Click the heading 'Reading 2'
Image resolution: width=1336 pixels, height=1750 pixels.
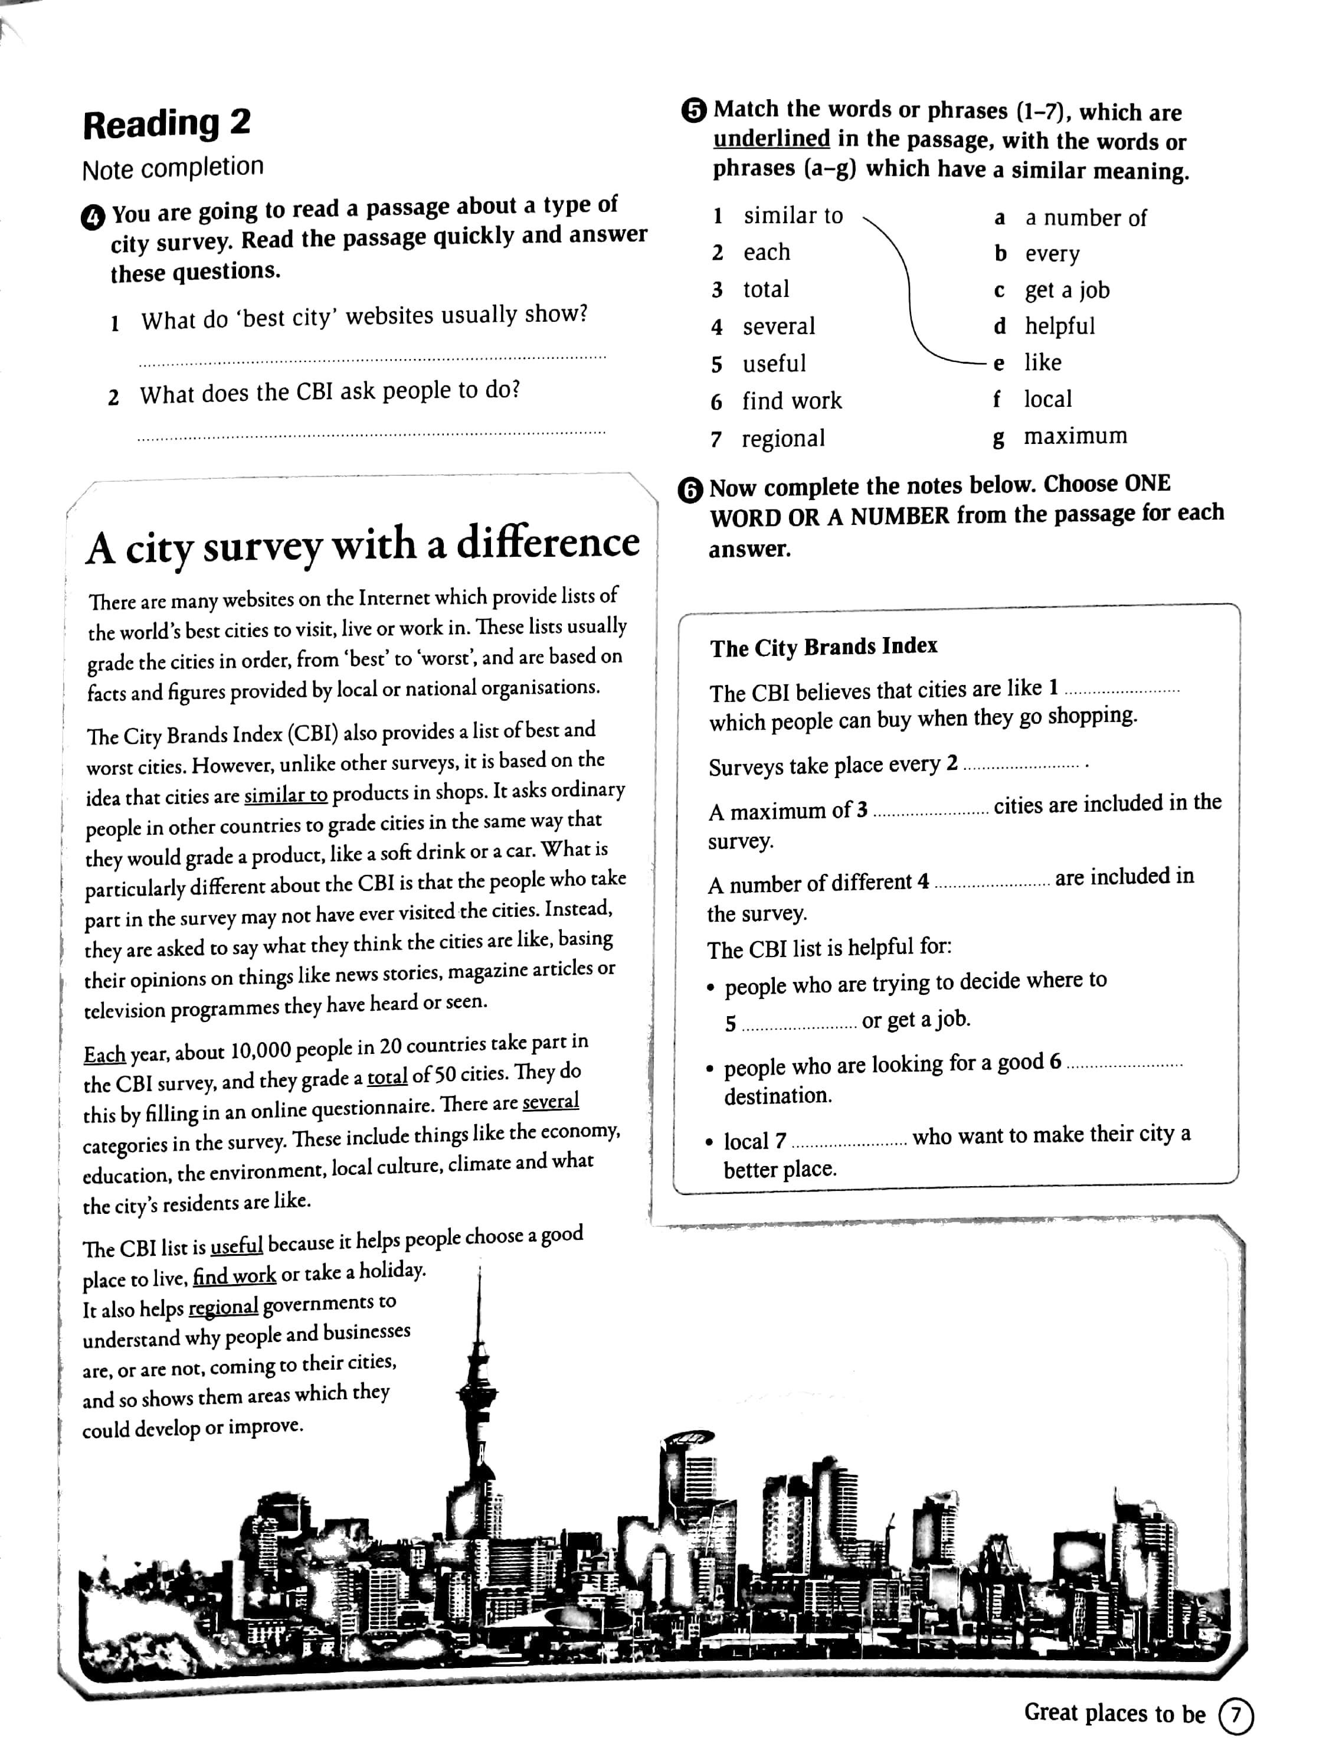coord(166,124)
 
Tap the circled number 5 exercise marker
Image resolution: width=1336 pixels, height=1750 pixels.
coord(693,110)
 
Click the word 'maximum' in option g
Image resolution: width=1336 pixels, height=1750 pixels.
coord(1075,436)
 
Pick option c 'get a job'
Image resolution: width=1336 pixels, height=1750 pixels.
coord(1066,290)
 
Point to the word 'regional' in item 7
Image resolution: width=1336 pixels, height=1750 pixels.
coord(782,439)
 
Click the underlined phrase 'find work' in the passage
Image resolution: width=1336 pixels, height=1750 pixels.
coord(235,1276)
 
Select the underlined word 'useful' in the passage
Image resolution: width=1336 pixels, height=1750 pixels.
coord(236,1245)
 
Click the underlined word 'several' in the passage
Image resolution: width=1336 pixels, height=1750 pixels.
coord(551,1102)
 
